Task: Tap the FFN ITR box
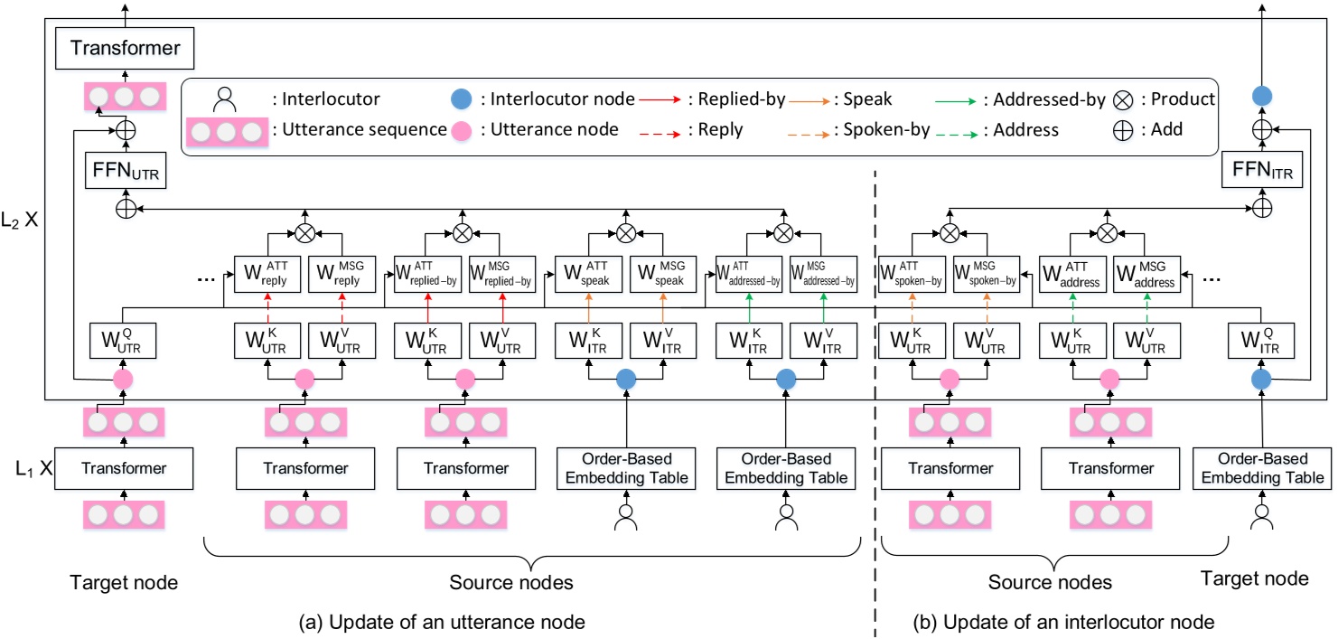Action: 1262,169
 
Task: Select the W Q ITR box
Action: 1262,343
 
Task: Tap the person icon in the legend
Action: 221,99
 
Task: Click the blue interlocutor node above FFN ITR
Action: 1262,95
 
